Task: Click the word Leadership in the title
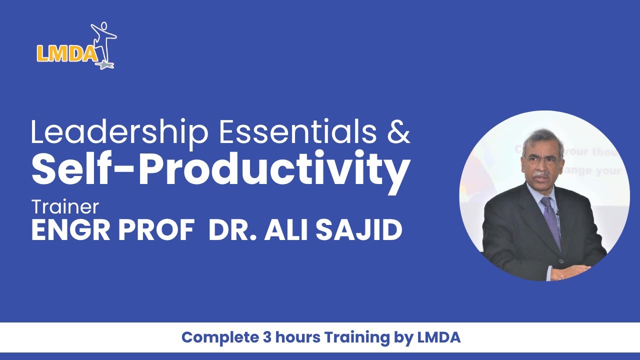click(119, 132)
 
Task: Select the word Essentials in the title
click(297, 131)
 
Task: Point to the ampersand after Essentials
click(398, 131)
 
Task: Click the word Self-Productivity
click(220, 168)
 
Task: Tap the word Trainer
click(65, 206)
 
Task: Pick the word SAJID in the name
click(360, 230)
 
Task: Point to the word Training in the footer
click(355, 338)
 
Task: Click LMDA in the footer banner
click(438, 337)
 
